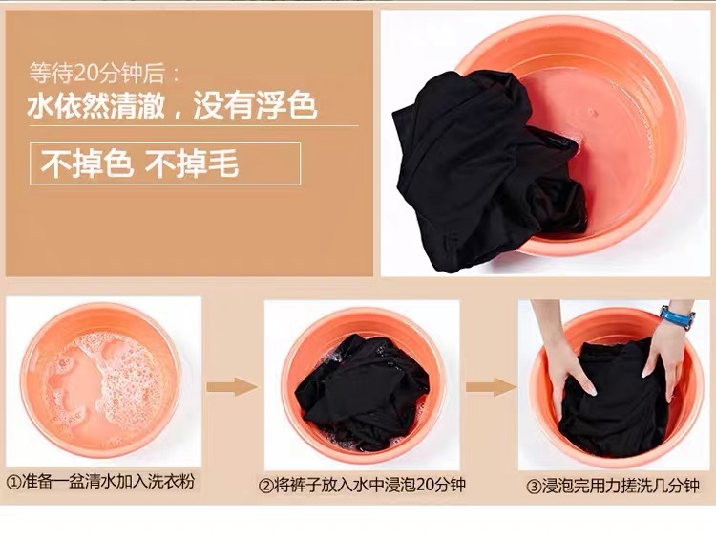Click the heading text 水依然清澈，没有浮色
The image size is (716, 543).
tap(172, 105)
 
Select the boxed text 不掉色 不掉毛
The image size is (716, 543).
tap(165, 163)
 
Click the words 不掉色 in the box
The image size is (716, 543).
tap(85, 163)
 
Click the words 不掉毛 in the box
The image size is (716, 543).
tap(191, 163)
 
